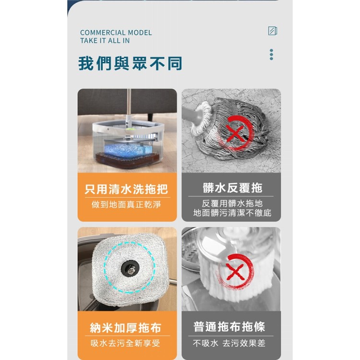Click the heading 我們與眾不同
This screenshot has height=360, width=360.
pos(130,63)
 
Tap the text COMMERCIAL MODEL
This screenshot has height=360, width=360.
pos(116,33)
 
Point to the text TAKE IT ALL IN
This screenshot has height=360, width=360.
pos(105,41)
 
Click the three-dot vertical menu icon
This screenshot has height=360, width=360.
pos(271,54)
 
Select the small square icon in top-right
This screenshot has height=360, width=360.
pos(272,31)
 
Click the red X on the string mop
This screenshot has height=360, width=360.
pos(235,131)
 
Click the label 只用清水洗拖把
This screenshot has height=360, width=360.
pos(127,189)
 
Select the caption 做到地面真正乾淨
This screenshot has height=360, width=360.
pos(127,205)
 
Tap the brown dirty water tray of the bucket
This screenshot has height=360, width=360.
pos(127,161)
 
